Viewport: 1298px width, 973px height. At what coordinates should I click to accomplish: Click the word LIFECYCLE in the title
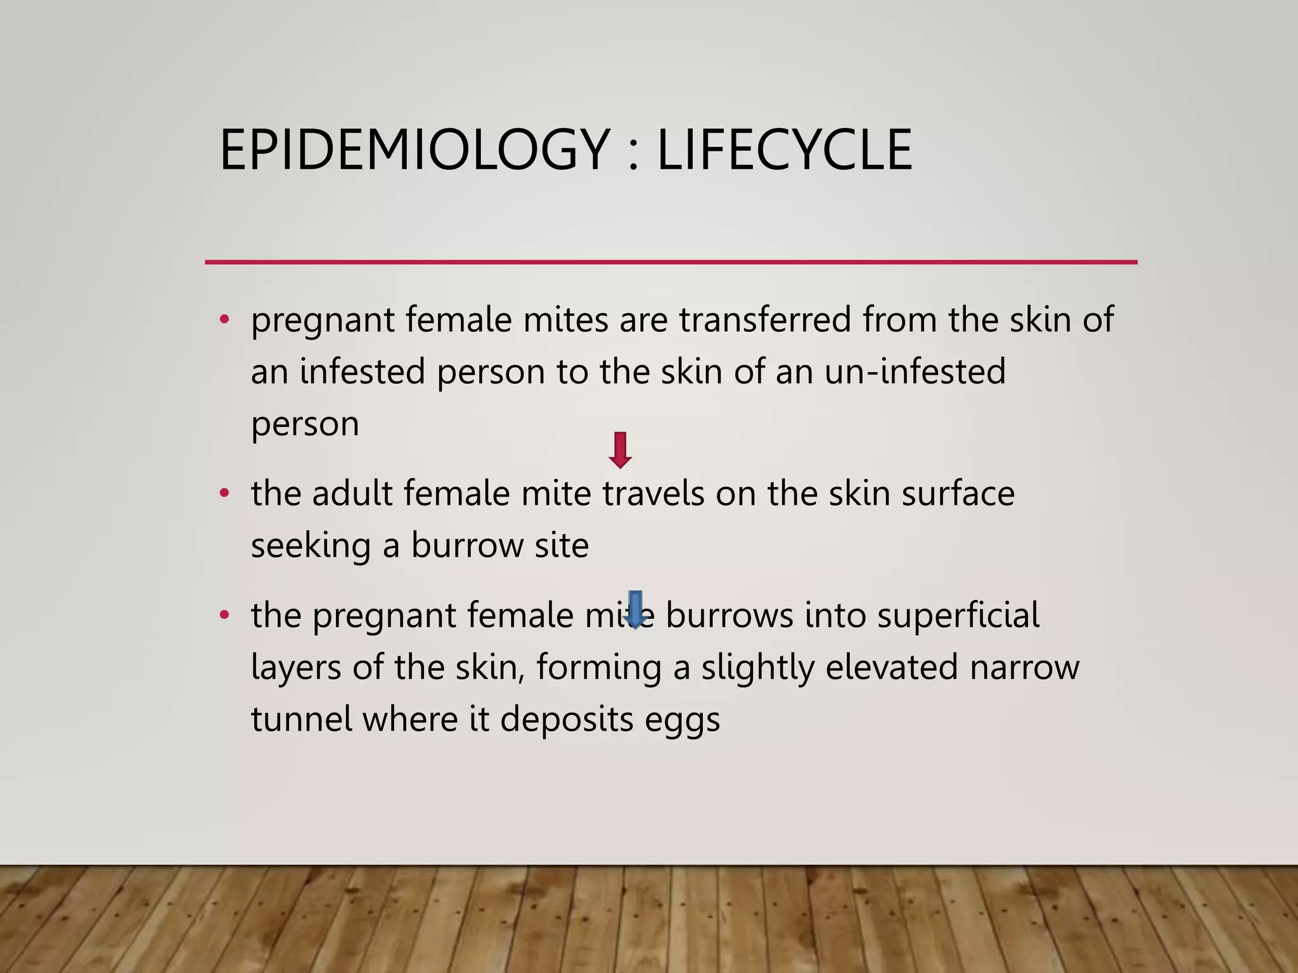[x=785, y=150]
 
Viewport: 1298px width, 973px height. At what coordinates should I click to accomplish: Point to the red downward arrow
[x=620, y=450]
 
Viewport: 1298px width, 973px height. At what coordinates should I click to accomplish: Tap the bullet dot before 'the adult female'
[x=224, y=493]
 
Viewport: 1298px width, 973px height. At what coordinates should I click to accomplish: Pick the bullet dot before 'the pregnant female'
[x=224, y=614]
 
